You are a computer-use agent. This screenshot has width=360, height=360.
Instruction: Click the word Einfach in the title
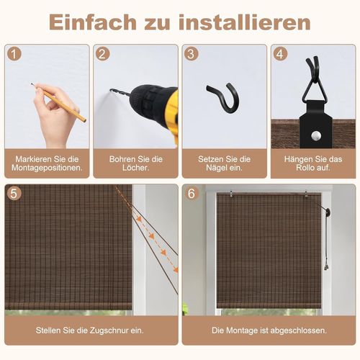pyautogui.click(x=93, y=22)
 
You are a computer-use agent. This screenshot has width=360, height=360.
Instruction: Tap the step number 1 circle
pyautogui.click(x=14, y=54)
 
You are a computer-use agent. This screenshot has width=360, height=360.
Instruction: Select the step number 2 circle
pyautogui.click(x=103, y=54)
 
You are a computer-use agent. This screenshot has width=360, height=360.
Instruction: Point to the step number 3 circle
pyautogui.click(x=192, y=54)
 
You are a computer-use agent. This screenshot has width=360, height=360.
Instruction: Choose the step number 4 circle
pyautogui.click(x=280, y=54)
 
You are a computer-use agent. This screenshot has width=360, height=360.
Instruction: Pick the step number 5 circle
pyautogui.click(x=14, y=193)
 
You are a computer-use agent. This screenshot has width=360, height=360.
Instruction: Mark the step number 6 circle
pyautogui.click(x=192, y=193)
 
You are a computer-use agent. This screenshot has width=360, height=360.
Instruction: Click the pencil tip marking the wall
pyautogui.click(x=31, y=84)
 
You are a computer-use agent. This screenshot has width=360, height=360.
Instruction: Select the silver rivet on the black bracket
pyautogui.click(x=316, y=135)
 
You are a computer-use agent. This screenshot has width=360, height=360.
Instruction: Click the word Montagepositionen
pyautogui.click(x=47, y=168)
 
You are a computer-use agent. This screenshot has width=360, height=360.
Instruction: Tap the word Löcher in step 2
pyautogui.click(x=135, y=168)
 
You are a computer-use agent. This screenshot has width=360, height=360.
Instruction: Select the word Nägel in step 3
pyautogui.click(x=216, y=168)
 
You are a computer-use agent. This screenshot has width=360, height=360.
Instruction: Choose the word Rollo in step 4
pyautogui.click(x=305, y=168)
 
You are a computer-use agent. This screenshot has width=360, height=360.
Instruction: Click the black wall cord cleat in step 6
pyautogui.click(x=326, y=212)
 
